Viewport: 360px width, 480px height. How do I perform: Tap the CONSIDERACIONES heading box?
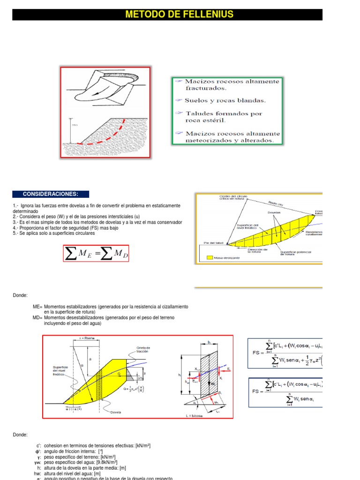pyautogui.click(x=51, y=195)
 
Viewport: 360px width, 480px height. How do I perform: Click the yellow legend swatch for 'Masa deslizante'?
pyautogui.click(x=209, y=257)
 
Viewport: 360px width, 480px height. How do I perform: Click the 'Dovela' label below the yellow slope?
pyautogui.click(x=116, y=413)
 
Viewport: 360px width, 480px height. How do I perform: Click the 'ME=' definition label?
pyautogui.click(x=37, y=306)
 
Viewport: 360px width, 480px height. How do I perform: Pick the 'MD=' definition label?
pyautogui.click(x=37, y=317)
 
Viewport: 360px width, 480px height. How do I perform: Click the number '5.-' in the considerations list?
pyautogui.click(x=16, y=233)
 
